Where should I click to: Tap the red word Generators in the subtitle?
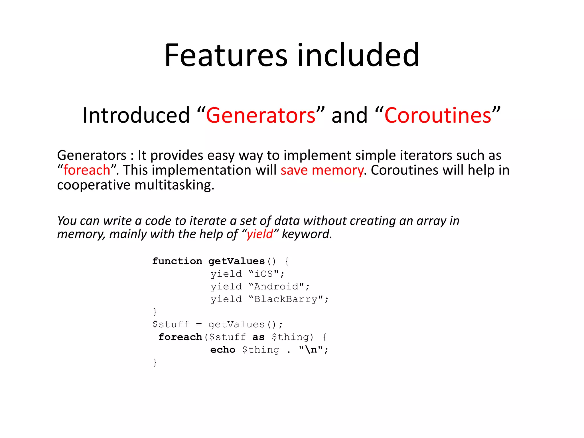(x=261, y=115)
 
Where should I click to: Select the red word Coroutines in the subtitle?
(x=438, y=115)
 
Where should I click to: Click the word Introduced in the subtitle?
(x=136, y=115)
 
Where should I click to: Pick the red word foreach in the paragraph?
(x=87, y=170)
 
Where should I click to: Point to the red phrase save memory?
(x=322, y=170)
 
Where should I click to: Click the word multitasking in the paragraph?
(x=174, y=185)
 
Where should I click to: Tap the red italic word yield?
(x=260, y=234)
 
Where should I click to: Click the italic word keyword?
(x=307, y=234)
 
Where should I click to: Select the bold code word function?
(x=177, y=261)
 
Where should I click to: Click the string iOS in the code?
(x=263, y=274)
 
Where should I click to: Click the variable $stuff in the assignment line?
(x=171, y=325)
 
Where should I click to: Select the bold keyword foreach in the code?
(x=180, y=337)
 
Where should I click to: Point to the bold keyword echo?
(x=223, y=350)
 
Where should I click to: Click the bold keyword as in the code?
(x=258, y=337)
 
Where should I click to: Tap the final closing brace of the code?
(x=155, y=362)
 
